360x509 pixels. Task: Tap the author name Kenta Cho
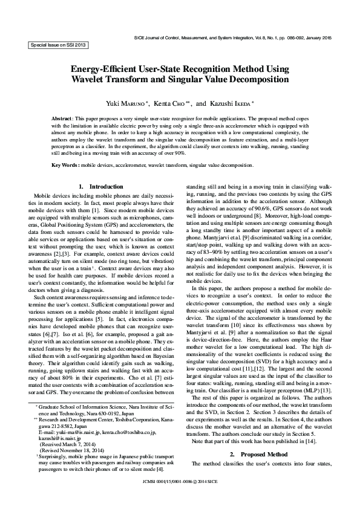175,103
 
